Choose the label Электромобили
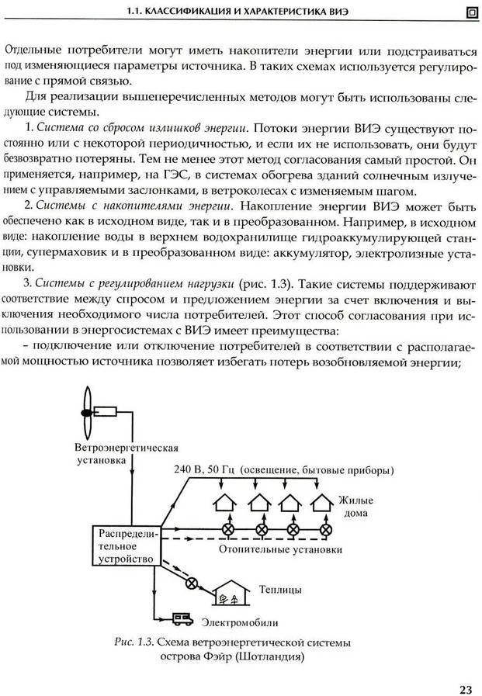(241, 622)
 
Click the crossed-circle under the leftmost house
(230, 529)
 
